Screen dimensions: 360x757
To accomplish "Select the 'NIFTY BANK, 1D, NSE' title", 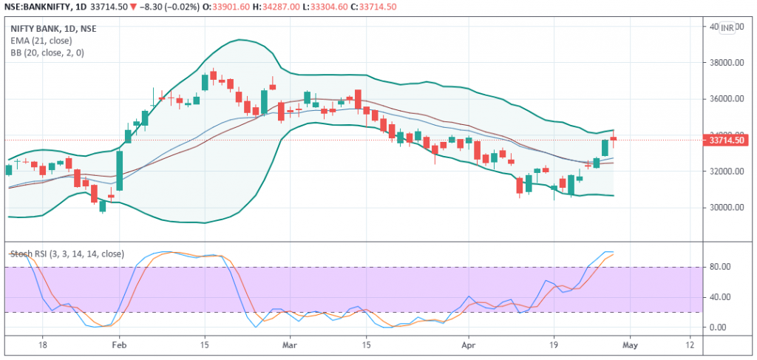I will pyautogui.click(x=53, y=29).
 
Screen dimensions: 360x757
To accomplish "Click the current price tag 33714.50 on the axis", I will pyautogui.click(x=725, y=140).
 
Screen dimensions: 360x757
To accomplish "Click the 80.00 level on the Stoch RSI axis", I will pyautogui.click(x=719, y=267).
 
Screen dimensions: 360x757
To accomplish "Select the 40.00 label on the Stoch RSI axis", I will pyautogui.click(x=719, y=297).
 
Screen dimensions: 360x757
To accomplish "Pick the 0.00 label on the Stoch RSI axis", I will pyautogui.click(x=717, y=327).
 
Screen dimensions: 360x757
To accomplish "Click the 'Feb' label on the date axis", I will pyautogui.click(x=119, y=344).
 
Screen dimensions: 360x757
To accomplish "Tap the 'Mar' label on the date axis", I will pyautogui.click(x=291, y=344).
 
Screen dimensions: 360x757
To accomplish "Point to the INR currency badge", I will pyautogui.click(x=727, y=27).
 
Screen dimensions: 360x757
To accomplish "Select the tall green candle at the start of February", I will pyautogui.click(x=119, y=171).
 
